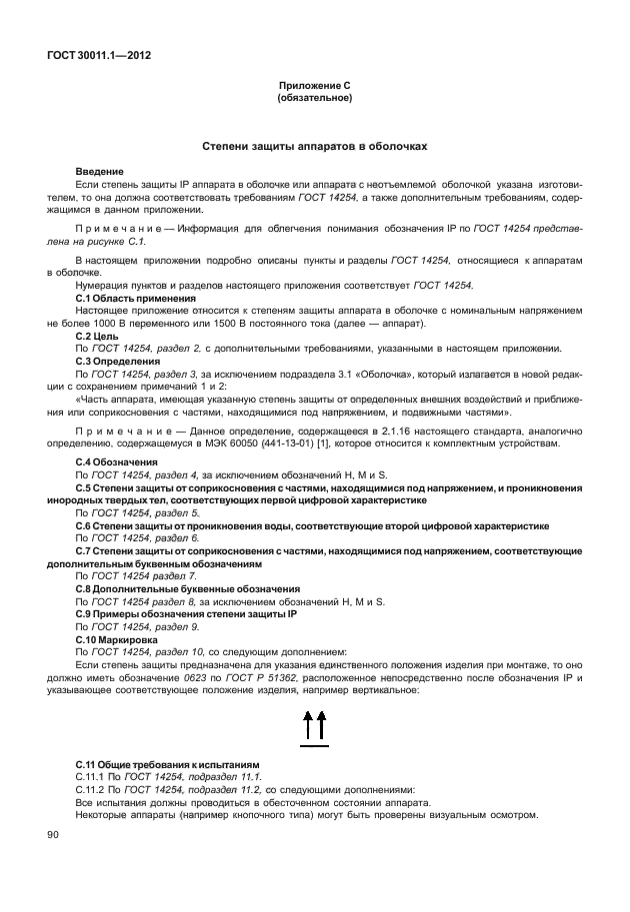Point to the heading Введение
[x=100, y=173]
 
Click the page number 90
[x=53, y=834]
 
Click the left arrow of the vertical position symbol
[x=307, y=726]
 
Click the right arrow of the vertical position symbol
[x=322, y=726]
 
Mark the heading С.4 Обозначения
[x=117, y=462]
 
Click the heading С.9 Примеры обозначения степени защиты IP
[x=187, y=614]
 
